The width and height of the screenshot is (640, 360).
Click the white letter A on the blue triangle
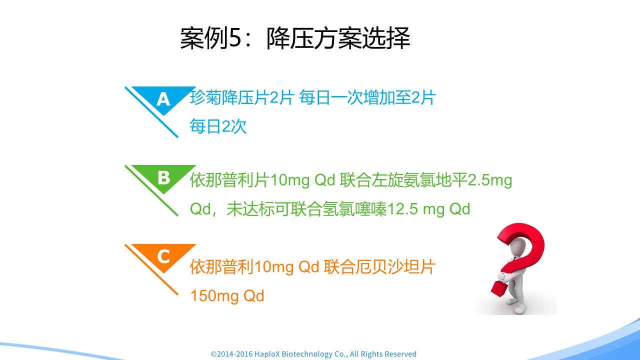[163, 99]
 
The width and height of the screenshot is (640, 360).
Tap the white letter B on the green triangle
[164, 177]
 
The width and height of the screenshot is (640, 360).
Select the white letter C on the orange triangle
[163, 256]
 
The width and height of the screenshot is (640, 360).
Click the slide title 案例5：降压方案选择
[295, 38]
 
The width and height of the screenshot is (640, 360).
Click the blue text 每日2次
[218, 126]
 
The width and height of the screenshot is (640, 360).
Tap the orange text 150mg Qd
[227, 295]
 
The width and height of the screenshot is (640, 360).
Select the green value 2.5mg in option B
[489, 180]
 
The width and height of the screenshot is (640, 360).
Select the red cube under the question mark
[499, 290]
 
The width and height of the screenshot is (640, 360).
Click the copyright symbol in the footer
[213, 354]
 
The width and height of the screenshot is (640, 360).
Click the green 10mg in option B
[289, 180]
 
